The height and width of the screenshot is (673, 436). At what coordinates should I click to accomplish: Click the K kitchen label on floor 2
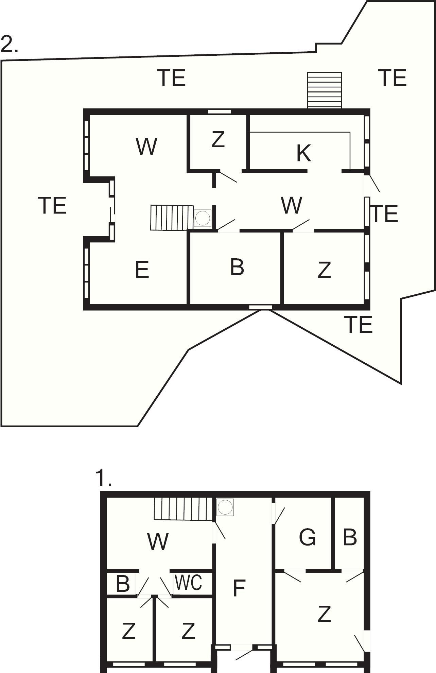pyautogui.click(x=303, y=153)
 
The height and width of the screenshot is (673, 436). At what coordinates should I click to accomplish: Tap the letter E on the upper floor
pyautogui.click(x=142, y=270)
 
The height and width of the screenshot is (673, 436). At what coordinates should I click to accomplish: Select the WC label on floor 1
pyautogui.click(x=188, y=582)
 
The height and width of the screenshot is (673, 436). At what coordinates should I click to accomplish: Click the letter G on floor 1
pyautogui.click(x=307, y=537)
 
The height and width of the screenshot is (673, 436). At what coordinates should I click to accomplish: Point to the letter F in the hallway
pyautogui.click(x=239, y=588)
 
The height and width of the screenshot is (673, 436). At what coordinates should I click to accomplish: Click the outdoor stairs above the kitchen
pyautogui.click(x=325, y=90)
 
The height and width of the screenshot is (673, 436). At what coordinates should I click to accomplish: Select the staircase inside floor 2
pyautogui.click(x=172, y=218)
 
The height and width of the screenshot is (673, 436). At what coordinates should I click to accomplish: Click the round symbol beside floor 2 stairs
pyautogui.click(x=203, y=218)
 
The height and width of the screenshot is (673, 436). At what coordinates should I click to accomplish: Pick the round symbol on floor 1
pyautogui.click(x=225, y=507)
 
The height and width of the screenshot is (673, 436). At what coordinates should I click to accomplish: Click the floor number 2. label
pyautogui.click(x=9, y=44)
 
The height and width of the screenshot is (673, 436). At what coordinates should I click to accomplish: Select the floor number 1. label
pyautogui.click(x=104, y=478)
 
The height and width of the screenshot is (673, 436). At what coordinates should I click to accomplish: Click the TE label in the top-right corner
pyautogui.click(x=392, y=78)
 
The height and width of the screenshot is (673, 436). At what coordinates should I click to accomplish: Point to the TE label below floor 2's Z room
pyautogui.click(x=358, y=324)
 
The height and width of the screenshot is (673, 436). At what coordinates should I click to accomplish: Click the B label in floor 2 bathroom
pyautogui.click(x=237, y=267)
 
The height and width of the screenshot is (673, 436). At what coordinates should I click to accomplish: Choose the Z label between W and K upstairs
pyautogui.click(x=218, y=139)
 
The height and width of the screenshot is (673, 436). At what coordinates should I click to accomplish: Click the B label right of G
pyautogui.click(x=350, y=537)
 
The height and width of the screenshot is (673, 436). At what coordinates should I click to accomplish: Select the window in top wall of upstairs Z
pyautogui.click(x=220, y=111)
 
